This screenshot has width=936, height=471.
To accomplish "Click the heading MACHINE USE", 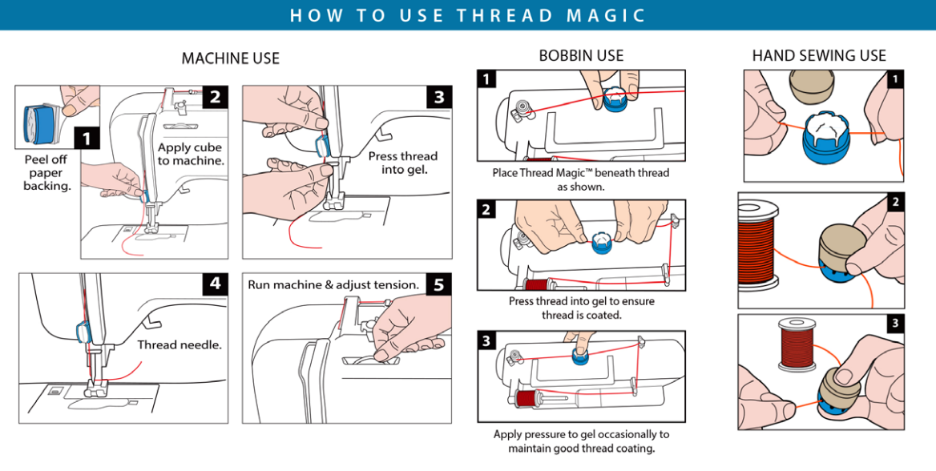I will tap(231, 58).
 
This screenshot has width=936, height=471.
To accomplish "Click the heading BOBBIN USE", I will tap(581, 55).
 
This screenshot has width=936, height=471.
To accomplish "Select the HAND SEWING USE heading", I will tap(819, 55).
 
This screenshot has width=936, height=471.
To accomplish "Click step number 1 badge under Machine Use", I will tap(87, 139).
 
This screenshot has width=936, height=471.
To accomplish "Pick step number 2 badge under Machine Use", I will tap(216, 97).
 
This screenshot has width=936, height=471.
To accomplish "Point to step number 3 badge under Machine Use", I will tap(438, 97).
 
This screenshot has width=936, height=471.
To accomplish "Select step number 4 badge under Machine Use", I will tap(216, 284).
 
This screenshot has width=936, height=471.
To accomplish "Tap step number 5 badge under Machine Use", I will tap(438, 284).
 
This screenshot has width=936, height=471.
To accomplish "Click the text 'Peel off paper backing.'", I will tap(46, 172).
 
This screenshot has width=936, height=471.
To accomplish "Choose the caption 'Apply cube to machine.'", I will tap(190, 154).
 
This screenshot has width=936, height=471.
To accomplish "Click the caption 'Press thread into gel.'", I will tap(403, 163).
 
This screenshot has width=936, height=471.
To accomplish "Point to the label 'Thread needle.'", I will tap(179, 345).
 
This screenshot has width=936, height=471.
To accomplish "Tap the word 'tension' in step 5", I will tap(396, 284).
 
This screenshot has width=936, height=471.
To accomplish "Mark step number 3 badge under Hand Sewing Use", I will tap(895, 324).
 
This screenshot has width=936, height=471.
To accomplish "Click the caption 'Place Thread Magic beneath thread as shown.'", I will tap(581, 179).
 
